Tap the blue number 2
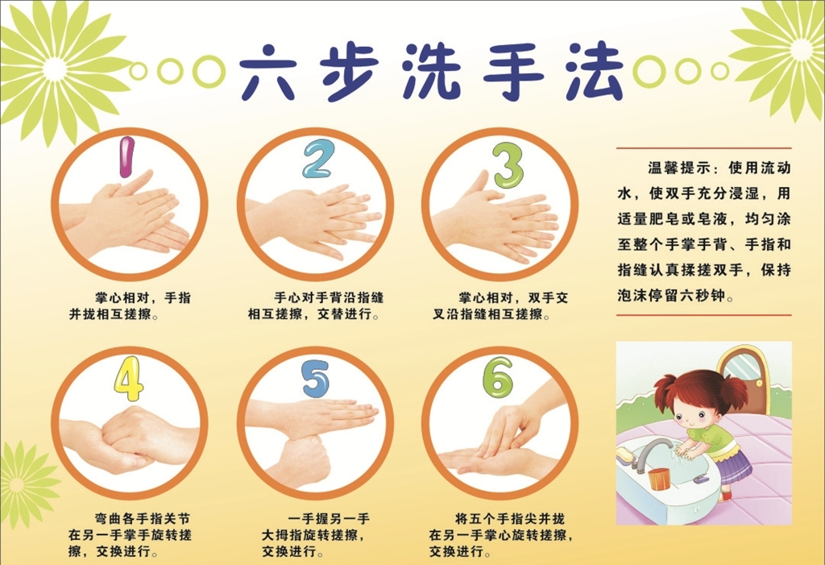pyautogui.click(x=317, y=159)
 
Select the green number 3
pyautogui.click(x=508, y=164)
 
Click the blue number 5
pyautogui.click(x=316, y=379)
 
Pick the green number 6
pyautogui.click(x=498, y=377)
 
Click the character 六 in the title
pyautogui.click(x=267, y=73)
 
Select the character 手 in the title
pyautogui.click(x=513, y=72)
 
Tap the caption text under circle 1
pyautogui.click(x=130, y=306)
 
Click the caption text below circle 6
pyautogui.click(x=500, y=535)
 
